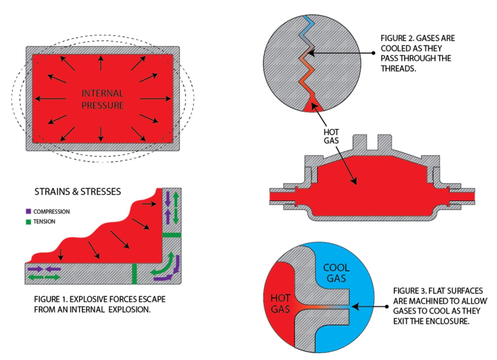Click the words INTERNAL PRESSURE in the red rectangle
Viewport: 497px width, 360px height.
point(102,99)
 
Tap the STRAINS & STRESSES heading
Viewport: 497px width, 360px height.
point(77,192)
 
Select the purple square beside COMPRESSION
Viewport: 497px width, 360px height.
point(28,211)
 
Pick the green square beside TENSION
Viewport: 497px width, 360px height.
point(28,222)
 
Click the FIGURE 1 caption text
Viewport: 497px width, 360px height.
point(99,304)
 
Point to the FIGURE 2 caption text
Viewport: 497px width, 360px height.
point(417,53)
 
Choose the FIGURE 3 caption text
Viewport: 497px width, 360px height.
point(440,306)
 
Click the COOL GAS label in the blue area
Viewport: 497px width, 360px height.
point(336,273)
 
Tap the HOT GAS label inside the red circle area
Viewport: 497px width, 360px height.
point(280,303)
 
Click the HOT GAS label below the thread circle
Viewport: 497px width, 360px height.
point(331,136)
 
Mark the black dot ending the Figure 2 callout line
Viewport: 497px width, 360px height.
point(373,53)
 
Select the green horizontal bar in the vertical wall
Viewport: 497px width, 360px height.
point(172,235)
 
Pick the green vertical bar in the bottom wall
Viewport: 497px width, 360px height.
point(134,274)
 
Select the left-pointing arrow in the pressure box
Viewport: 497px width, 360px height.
point(50,99)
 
